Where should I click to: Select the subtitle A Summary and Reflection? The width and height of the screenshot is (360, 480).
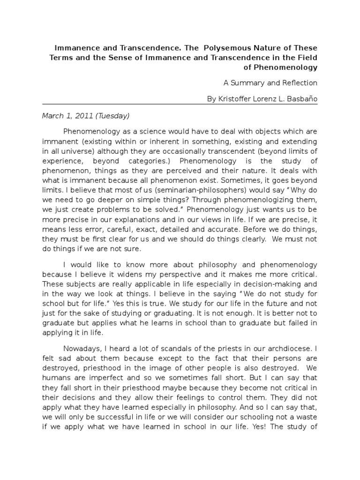click(270, 83)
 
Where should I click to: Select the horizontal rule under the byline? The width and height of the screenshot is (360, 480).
click(180, 106)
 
